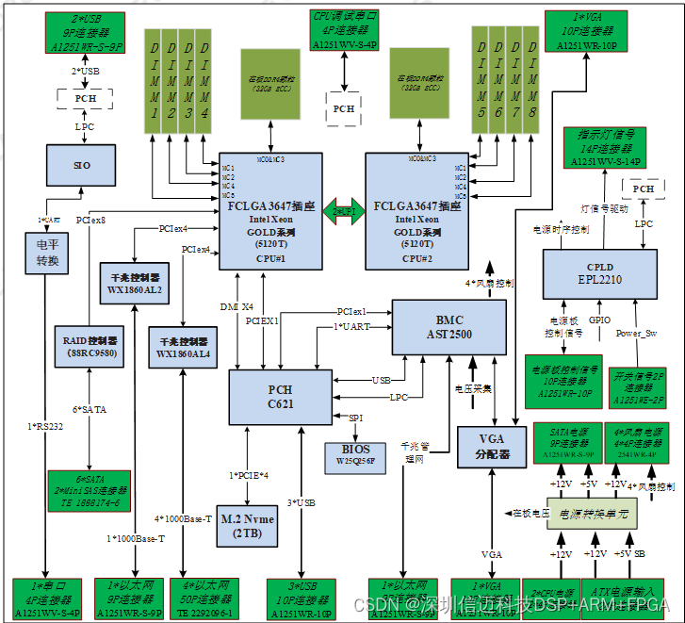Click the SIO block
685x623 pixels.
pyautogui.click(x=82, y=165)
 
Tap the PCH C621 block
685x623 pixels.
pyautogui.click(x=280, y=397)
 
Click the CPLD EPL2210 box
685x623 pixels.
pyautogui.click(x=599, y=274)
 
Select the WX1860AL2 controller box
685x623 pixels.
pyautogui.click(x=136, y=285)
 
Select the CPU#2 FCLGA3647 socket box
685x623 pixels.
pyautogui.click(x=416, y=212)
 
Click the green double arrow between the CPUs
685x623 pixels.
pyautogui.click(x=344, y=211)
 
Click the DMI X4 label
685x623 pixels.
pyautogui.click(x=236, y=306)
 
